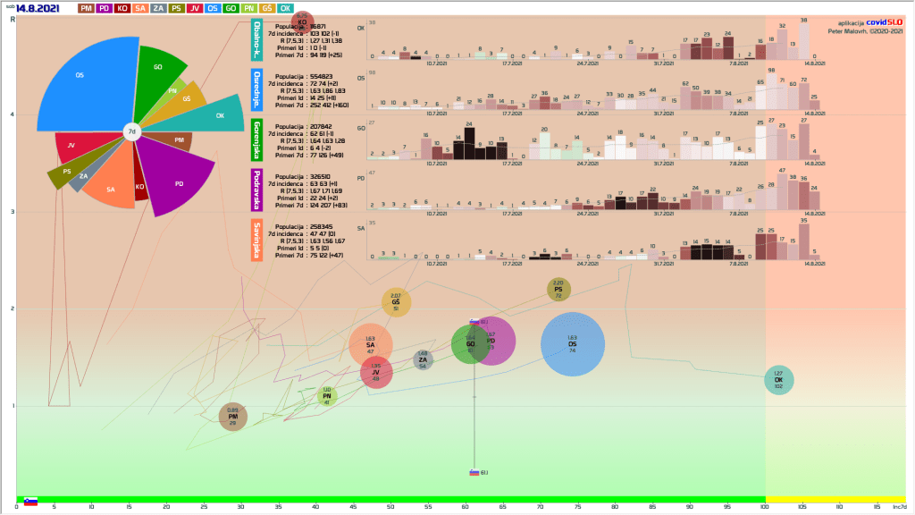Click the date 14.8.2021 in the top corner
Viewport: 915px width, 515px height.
pyautogui.click(x=38, y=8)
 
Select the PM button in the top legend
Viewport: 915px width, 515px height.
pyautogui.click(x=86, y=8)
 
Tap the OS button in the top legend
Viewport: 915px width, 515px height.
pyautogui.click(x=213, y=8)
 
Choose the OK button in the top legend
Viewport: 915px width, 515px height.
pyautogui.click(x=284, y=8)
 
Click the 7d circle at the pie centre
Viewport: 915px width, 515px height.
pyautogui.click(x=131, y=132)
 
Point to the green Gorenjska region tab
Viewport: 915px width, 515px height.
pyautogui.click(x=256, y=139)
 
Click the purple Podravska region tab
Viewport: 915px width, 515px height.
pyautogui.click(x=256, y=189)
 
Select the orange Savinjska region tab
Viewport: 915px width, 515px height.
pyautogui.click(x=256, y=240)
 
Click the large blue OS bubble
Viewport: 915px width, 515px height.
pyautogui.click(x=573, y=345)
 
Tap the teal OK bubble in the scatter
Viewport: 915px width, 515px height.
pyautogui.click(x=778, y=379)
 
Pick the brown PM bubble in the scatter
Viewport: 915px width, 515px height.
pyautogui.click(x=233, y=416)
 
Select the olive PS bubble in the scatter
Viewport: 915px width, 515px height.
pyautogui.click(x=558, y=290)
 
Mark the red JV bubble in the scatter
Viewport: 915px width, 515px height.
pyautogui.click(x=376, y=373)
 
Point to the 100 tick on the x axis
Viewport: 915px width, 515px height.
pyautogui.click(x=764, y=508)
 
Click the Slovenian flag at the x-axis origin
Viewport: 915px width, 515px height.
pyautogui.click(x=30, y=502)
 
